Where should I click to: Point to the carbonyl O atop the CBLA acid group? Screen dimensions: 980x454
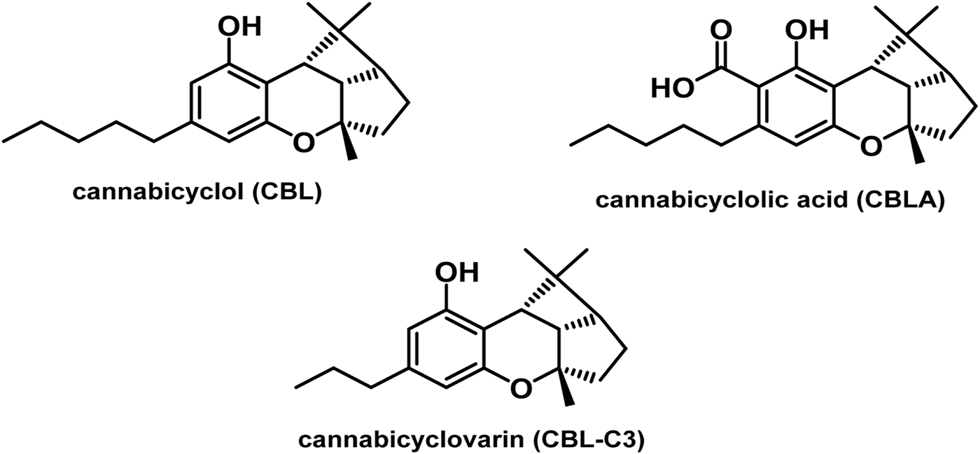(x=721, y=31)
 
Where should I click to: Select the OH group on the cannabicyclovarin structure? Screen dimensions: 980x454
(x=458, y=270)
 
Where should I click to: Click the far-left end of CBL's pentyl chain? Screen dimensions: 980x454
(x=6, y=139)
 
